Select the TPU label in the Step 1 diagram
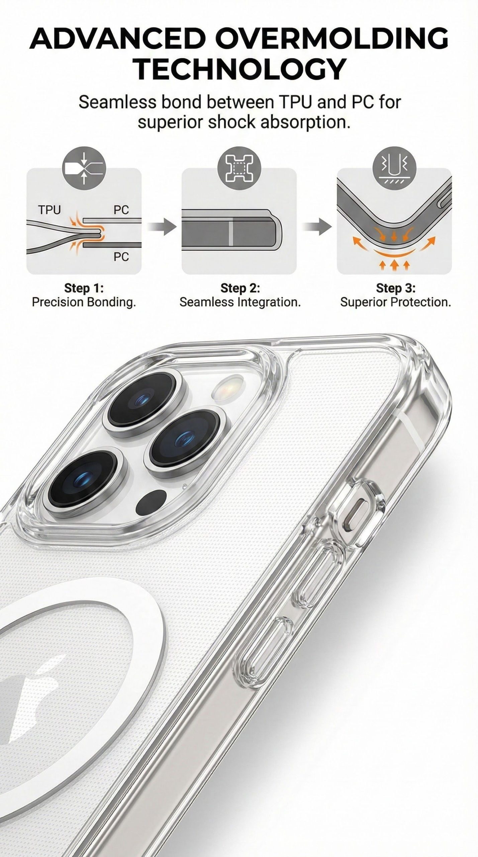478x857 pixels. coord(49,210)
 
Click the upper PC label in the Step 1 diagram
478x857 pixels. coord(121,210)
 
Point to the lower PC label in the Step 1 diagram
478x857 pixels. coord(121,257)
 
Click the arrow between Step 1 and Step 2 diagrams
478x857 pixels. coord(162,228)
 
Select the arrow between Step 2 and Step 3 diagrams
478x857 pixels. coord(317,228)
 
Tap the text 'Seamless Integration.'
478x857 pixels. coord(240,302)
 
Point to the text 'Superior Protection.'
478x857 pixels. coord(396,302)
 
